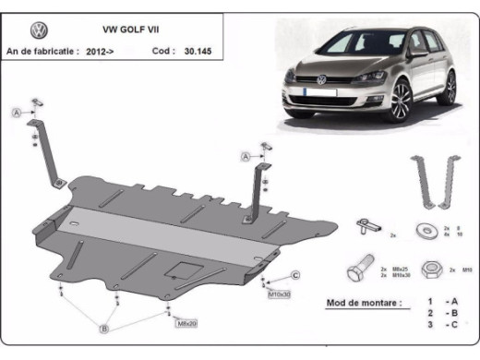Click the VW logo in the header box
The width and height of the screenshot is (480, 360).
[25, 29]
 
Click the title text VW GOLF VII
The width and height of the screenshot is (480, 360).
[117, 29]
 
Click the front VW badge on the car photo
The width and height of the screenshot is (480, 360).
[322, 80]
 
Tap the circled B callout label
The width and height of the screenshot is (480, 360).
[106, 328]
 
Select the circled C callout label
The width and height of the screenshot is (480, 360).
[295, 275]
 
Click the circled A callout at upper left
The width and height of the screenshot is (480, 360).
[16, 113]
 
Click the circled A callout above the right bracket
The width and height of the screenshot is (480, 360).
[246, 158]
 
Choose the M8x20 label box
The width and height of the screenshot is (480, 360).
[186, 323]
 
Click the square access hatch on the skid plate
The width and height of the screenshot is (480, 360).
[181, 270]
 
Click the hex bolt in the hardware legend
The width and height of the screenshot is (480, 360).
[358, 271]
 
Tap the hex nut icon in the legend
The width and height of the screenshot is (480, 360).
[429, 270]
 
